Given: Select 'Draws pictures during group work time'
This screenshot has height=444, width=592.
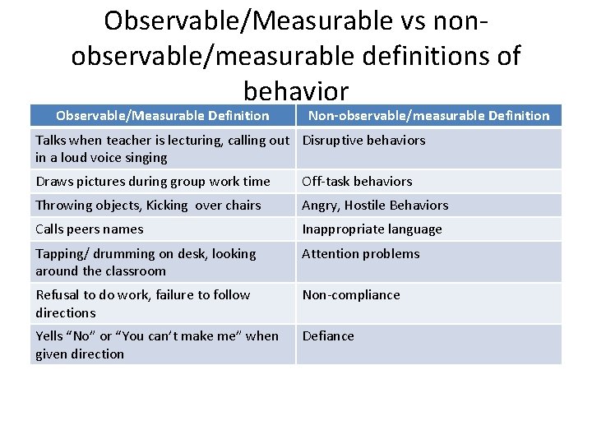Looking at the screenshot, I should (x=153, y=182).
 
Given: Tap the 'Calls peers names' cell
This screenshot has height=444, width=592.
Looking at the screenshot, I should (x=90, y=229).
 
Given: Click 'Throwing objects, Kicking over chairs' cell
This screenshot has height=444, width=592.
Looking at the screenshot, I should (x=148, y=206).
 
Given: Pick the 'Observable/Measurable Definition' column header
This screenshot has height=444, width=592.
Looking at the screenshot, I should (x=162, y=116).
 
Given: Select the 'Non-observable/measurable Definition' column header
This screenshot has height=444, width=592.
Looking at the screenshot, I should (x=428, y=116).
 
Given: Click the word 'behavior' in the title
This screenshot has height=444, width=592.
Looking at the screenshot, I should (x=296, y=90).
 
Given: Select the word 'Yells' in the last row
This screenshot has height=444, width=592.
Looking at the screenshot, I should (x=52, y=336).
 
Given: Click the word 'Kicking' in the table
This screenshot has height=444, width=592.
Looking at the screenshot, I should (x=168, y=206).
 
